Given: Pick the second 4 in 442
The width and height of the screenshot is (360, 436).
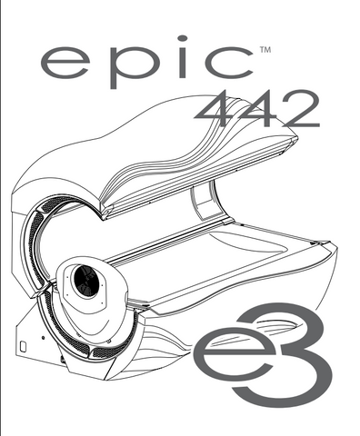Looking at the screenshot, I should click(257, 109).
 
